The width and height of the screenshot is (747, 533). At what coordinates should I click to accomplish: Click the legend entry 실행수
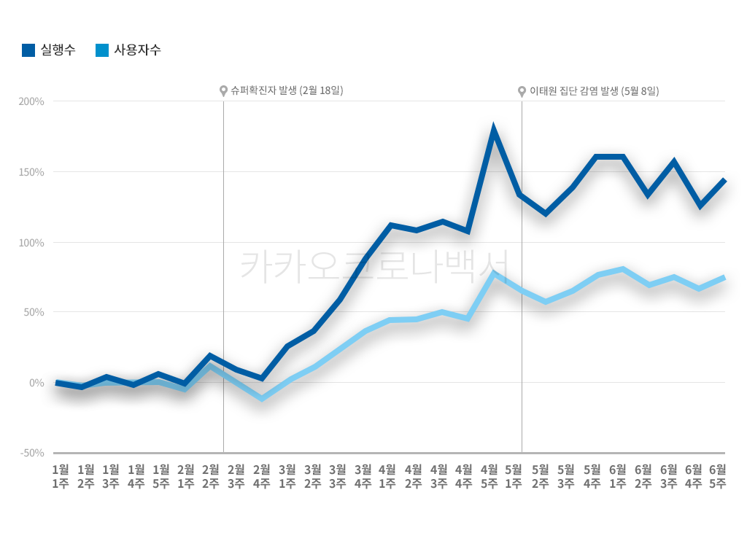pyautogui.click(x=49, y=50)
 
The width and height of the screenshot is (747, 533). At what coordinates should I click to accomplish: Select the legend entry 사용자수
pyautogui.click(x=128, y=50)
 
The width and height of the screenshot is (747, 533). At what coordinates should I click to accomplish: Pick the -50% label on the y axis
pyautogui.click(x=32, y=453)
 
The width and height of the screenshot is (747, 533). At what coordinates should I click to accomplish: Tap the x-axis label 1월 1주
pyautogui.click(x=61, y=475)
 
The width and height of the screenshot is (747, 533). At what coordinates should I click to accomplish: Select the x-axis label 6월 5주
pyautogui.click(x=718, y=475)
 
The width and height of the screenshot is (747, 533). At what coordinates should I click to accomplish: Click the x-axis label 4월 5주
pyautogui.click(x=489, y=475)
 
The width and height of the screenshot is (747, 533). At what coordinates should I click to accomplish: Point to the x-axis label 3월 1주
pyautogui.click(x=287, y=475)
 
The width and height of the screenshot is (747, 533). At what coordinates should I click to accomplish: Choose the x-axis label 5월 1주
pyautogui.click(x=514, y=475)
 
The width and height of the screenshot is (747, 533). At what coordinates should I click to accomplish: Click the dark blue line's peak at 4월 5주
pyautogui.click(x=494, y=131)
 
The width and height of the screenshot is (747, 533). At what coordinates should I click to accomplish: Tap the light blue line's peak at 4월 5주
pyautogui.click(x=494, y=274)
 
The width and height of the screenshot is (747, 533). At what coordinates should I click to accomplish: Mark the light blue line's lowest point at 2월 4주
pyautogui.click(x=262, y=399)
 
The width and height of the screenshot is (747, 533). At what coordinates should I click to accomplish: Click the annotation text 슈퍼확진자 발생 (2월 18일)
pyautogui.click(x=287, y=90)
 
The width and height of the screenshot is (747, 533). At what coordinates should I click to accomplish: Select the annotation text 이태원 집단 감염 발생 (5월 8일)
pyautogui.click(x=594, y=91)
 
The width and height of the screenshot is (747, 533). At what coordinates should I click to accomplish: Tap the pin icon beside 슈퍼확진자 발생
pyautogui.click(x=223, y=91)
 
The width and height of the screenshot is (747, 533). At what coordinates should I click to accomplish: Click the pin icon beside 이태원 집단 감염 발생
pyautogui.click(x=522, y=91)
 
